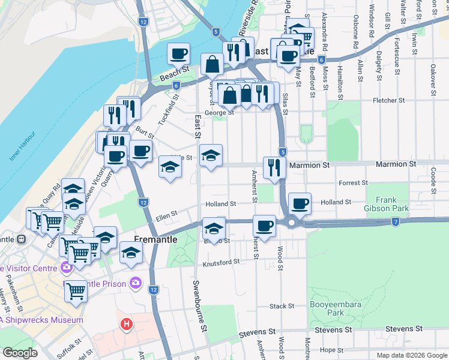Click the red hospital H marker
pyautogui.click(x=127, y=325)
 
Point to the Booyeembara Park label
pyautogui.click(x=344, y=308)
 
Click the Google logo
pyautogui.click(x=20, y=353)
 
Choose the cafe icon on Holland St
pyautogui.click(x=300, y=203)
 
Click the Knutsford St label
pyautogui.click(x=221, y=262)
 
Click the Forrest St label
pyautogui.click(x=352, y=183)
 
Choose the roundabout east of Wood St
pyautogui.click(x=292, y=223)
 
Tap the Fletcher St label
pyautogui.click(x=386, y=101)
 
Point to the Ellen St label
pyautogui.click(x=167, y=214)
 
